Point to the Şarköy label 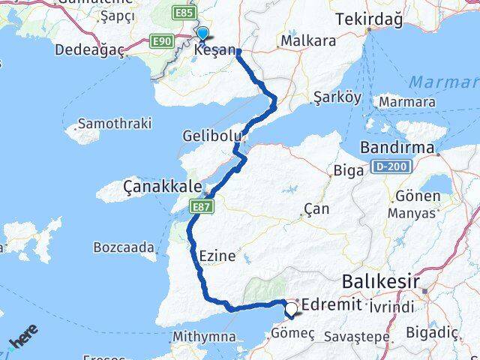[x=337, y=97]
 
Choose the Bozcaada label [x=124, y=247]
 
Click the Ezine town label [x=217, y=256]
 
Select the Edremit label [x=331, y=305]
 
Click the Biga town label [x=349, y=170]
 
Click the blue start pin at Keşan [x=202, y=34]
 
